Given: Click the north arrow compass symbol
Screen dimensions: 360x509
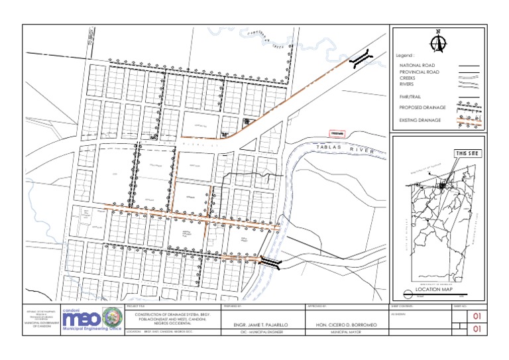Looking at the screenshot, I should click(x=437, y=41).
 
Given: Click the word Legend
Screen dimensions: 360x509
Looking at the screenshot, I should click(x=406, y=56).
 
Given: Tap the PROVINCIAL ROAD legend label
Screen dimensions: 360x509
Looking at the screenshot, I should click(x=418, y=72).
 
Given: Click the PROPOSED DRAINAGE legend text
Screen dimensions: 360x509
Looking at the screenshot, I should click(x=422, y=107).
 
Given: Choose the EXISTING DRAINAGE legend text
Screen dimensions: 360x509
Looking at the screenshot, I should click(x=421, y=120).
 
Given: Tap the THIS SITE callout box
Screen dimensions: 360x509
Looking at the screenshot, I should click(x=467, y=154).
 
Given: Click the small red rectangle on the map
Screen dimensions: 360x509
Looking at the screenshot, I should click(x=338, y=133).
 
